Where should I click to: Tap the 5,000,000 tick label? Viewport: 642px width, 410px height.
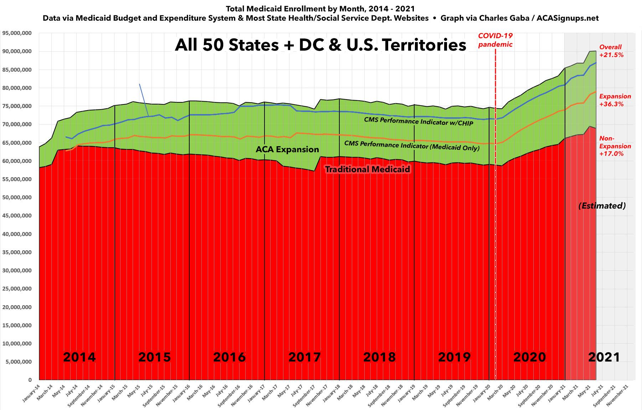(x=19, y=362)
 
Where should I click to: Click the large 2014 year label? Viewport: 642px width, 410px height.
(x=79, y=357)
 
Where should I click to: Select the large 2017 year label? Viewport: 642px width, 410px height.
(x=304, y=357)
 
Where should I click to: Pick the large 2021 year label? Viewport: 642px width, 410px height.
(x=604, y=357)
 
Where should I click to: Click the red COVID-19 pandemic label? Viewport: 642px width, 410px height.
(x=495, y=40)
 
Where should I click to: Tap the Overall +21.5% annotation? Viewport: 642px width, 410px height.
(x=611, y=51)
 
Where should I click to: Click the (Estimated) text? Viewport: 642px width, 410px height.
(x=602, y=206)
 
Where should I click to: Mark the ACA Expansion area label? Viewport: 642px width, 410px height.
(x=287, y=149)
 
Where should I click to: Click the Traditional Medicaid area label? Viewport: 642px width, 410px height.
(x=368, y=169)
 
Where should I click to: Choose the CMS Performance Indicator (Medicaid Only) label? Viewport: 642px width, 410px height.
(x=412, y=145)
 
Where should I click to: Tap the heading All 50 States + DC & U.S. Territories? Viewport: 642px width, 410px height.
(x=320, y=45)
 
